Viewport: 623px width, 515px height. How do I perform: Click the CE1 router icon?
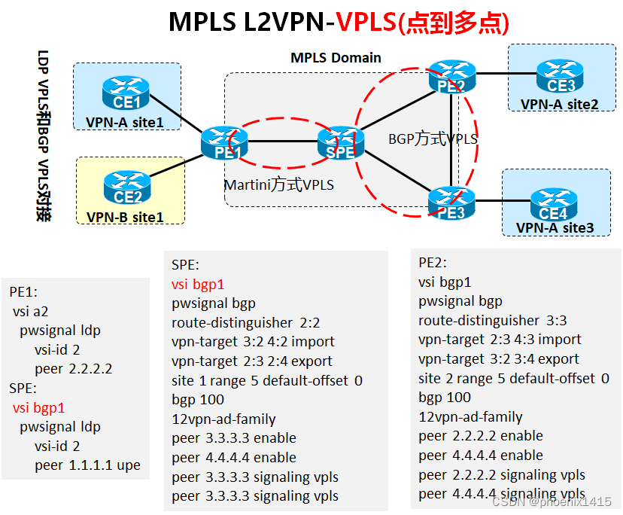pos(126,93)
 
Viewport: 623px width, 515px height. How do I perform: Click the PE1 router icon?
pos(224,143)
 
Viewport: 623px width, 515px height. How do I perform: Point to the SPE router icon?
pos(340,143)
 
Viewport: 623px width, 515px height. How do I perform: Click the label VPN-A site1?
pos(124,120)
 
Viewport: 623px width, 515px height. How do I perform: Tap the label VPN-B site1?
pos(125,217)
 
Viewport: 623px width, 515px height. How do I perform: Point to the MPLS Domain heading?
pos(336,57)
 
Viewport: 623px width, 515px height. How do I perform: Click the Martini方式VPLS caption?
pos(278,184)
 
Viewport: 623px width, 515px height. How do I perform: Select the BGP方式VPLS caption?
pos(433,139)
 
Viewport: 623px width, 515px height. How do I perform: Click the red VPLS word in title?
pos(366,22)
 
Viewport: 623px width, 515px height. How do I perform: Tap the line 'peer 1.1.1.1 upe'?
pos(87,465)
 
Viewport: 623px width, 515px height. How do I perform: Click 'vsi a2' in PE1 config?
pos(31,311)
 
